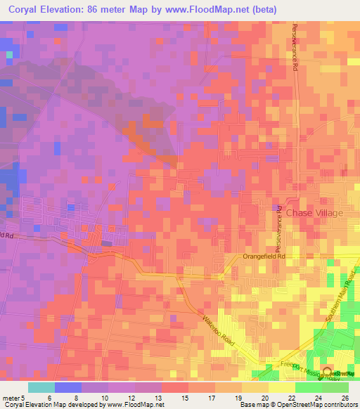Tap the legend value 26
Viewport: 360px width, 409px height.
[x=345, y=398]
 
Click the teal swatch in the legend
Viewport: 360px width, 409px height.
[x=41, y=387]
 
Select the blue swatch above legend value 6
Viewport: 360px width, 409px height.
[x=67, y=387]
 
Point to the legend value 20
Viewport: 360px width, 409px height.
[x=264, y=398]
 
